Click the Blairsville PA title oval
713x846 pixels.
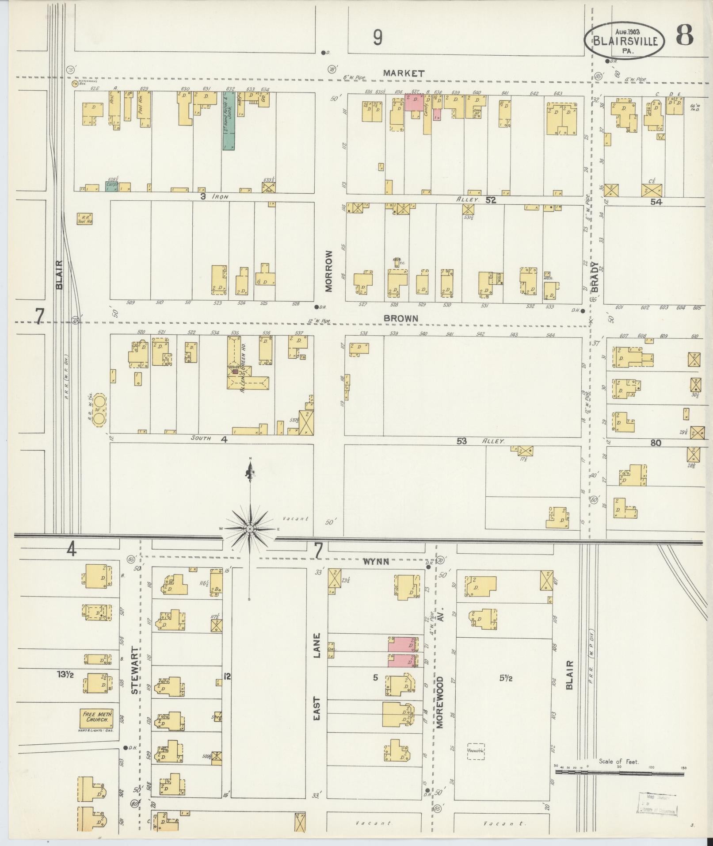(x=624, y=41)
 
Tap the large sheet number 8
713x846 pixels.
(x=684, y=36)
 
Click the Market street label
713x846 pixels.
(x=404, y=74)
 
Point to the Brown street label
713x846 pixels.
(x=400, y=318)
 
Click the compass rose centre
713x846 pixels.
(x=250, y=529)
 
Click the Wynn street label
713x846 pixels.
(x=376, y=562)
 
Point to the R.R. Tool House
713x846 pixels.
(x=84, y=218)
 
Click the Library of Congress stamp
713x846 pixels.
(x=657, y=804)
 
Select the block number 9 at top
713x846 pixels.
(x=377, y=38)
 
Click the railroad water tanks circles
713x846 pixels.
(x=100, y=410)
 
